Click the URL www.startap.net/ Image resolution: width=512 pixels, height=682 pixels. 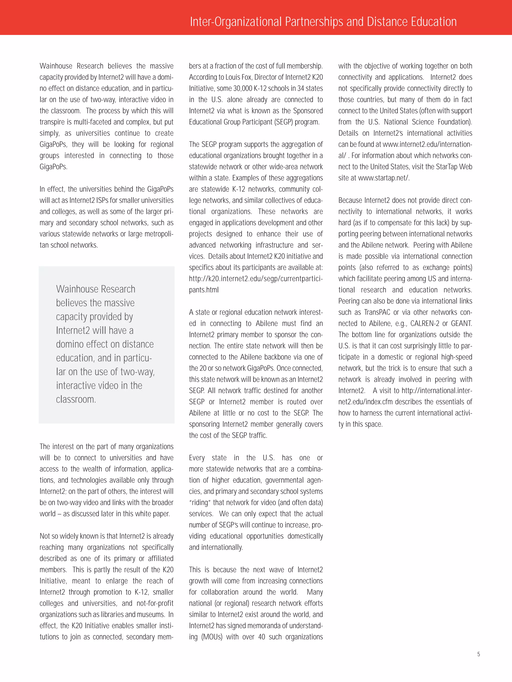pos(383,178)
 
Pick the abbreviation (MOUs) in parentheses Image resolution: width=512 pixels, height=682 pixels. pos(212,637)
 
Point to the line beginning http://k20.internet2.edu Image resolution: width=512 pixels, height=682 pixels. pos(255,279)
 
